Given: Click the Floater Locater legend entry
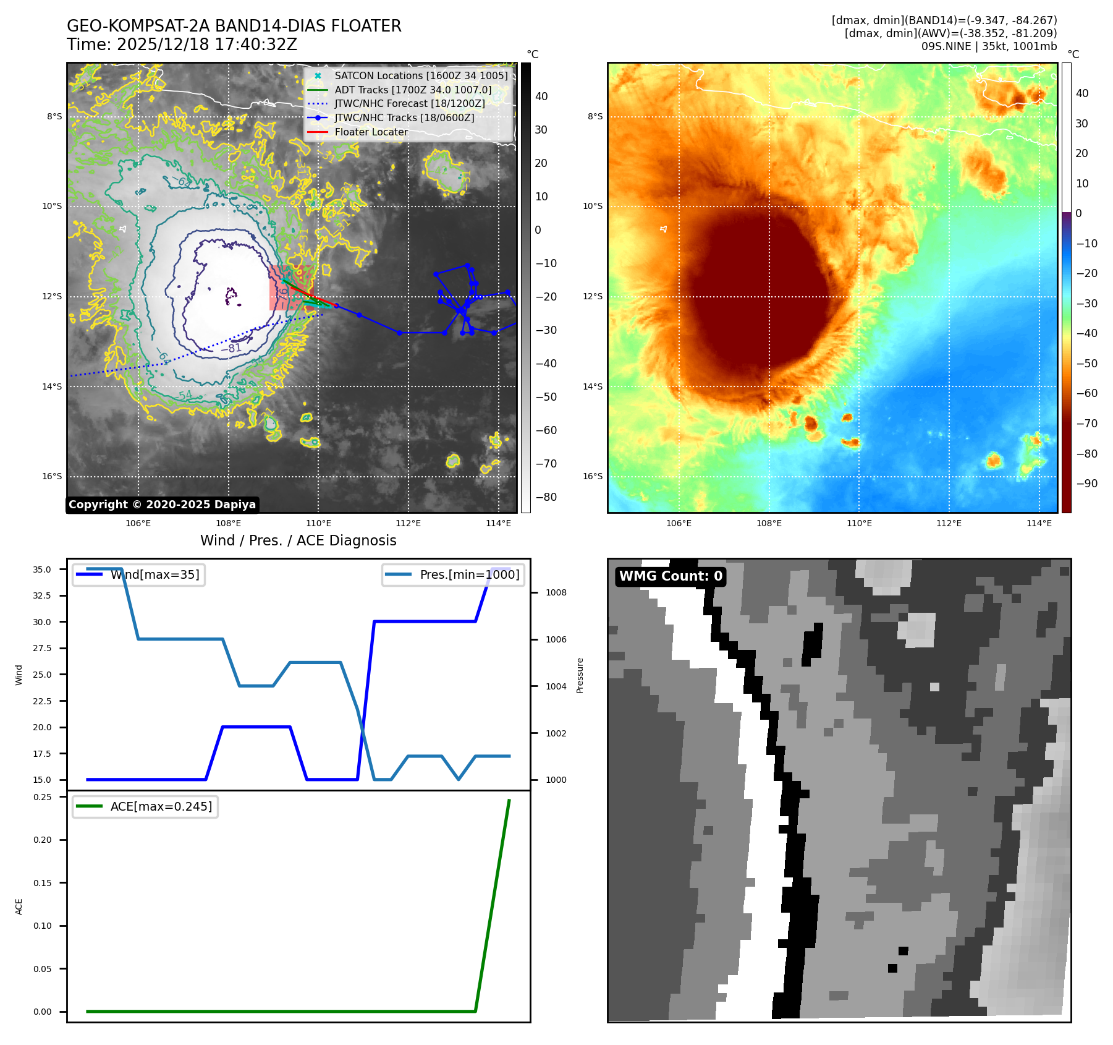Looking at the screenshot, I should (371, 132).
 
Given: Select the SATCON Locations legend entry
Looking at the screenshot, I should (421, 76).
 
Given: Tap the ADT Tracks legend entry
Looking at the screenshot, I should (413, 90).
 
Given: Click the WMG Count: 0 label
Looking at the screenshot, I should (671, 576).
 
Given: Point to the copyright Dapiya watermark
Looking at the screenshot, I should (162, 505).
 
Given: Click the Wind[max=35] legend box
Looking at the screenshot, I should (139, 575).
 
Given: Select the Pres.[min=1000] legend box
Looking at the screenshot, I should (454, 575).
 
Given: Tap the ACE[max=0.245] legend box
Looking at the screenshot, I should (145, 806).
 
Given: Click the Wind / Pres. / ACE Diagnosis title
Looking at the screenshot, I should (298, 540).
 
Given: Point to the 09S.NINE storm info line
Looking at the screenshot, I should (989, 46).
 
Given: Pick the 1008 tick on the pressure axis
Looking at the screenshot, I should (556, 592).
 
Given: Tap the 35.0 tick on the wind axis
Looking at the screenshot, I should (42, 569).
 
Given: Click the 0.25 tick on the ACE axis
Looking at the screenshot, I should (42, 797).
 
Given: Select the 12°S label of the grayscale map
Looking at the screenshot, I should (52, 297).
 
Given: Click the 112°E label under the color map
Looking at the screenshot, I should (949, 523).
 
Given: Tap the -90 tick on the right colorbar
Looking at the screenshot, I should (1086, 484).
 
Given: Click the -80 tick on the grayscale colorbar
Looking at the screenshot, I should (546, 497).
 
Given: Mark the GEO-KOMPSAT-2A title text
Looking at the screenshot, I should (234, 26).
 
